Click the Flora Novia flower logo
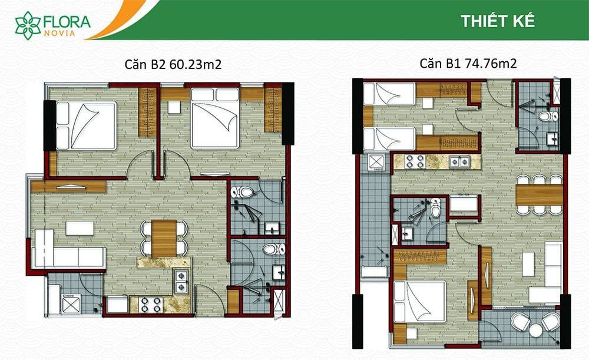(x=28, y=25)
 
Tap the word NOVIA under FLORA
(x=59, y=33)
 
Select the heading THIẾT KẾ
(x=498, y=21)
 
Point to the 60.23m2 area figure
(x=196, y=65)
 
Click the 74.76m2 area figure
(x=491, y=63)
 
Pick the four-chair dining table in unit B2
(x=164, y=238)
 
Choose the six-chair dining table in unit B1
(x=539, y=194)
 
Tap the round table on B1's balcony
(x=535, y=330)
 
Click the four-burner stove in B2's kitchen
(x=150, y=305)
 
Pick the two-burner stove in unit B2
(x=181, y=281)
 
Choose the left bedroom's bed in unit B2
(x=87, y=125)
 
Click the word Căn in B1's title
(x=431, y=63)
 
